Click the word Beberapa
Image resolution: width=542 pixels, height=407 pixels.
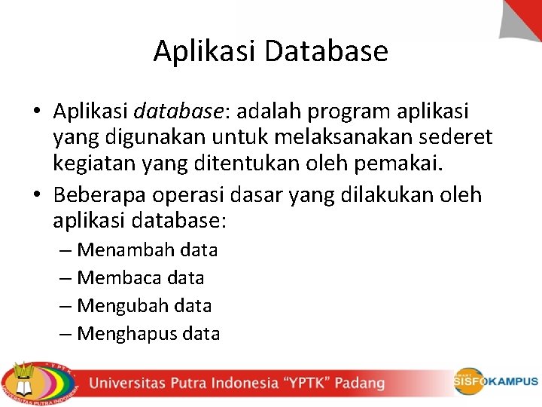(100, 195)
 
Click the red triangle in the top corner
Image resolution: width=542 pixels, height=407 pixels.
(524, 18)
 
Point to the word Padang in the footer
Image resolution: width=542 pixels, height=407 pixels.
(359, 383)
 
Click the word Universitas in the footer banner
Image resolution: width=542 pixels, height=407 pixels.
(129, 383)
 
